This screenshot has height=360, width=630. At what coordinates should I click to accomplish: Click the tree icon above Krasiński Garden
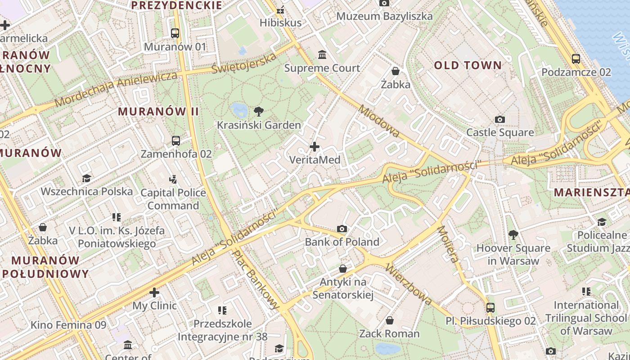coord(259,111)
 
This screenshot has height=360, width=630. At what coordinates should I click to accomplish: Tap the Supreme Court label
coord(322,68)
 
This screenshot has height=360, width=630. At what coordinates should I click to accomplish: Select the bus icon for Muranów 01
coord(175,33)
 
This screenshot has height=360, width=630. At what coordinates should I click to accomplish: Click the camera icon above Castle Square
coord(499,119)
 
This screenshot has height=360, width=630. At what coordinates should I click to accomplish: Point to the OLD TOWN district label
coord(468,65)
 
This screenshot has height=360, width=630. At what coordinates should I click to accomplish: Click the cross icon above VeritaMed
coord(315,146)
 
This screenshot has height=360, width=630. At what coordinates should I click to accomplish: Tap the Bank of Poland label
coord(342,242)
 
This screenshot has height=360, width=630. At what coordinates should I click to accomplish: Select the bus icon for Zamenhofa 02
coord(176,140)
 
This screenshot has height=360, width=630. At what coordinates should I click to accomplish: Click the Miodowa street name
coord(379,121)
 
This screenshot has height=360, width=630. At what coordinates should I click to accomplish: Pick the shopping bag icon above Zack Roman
coord(390,320)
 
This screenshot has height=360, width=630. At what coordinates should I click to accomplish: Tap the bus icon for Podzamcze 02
coord(576,58)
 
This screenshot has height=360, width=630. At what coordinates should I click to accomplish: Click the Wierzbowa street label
coord(409,284)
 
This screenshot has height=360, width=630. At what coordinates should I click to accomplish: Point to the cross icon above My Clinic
coord(154,292)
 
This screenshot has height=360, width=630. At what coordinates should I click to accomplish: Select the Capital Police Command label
coord(173,199)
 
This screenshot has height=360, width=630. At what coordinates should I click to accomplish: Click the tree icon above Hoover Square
coord(513,234)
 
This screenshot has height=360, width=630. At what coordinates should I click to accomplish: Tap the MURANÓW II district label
coord(158,112)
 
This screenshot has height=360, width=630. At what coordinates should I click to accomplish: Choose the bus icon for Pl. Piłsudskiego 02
coord(490,308)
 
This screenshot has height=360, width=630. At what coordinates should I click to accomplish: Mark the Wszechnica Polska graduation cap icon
coord(86,179)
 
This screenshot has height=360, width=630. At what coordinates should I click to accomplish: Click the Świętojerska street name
coord(244,63)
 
